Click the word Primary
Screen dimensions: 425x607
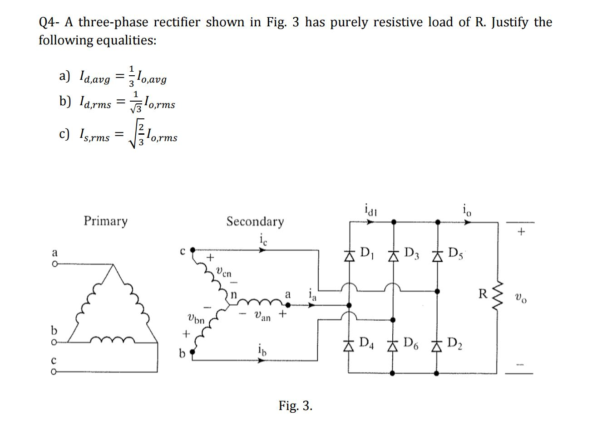tap(105, 221)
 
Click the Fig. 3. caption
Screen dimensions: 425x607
tap(296, 405)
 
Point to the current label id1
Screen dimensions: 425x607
tap(371, 210)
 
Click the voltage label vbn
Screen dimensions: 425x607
tap(196, 318)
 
